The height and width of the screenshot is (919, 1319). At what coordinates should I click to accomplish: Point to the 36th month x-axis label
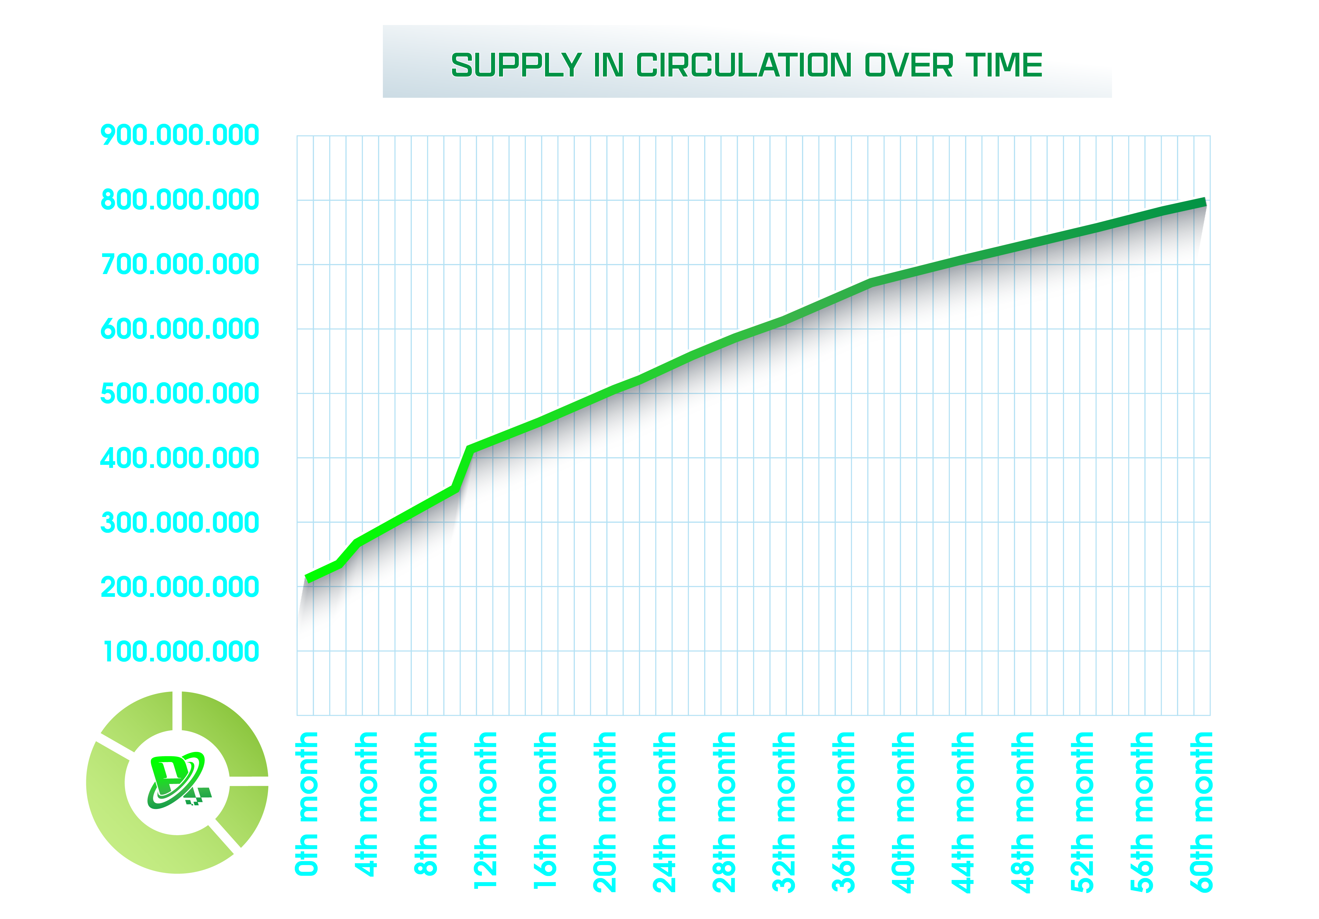point(843,811)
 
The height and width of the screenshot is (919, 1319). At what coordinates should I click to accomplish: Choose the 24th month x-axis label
point(664,811)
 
